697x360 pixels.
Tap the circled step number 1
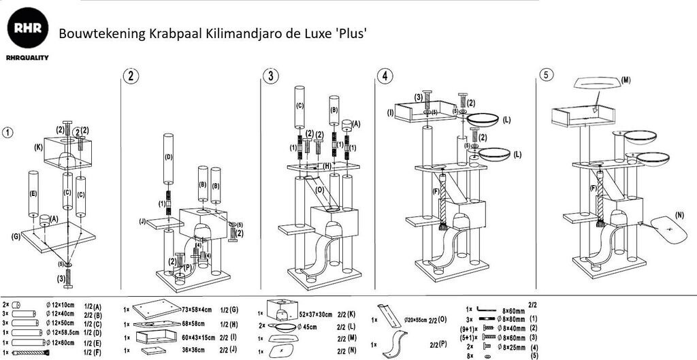point(7,132)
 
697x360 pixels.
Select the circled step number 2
point(130,76)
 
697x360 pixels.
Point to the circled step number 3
point(272,76)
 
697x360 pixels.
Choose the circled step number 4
point(385,76)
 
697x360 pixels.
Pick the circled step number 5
point(546,75)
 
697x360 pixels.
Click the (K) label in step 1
point(38,146)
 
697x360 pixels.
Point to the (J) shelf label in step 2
point(142,220)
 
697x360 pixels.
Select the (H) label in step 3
point(326,165)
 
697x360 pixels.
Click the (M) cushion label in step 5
point(626,80)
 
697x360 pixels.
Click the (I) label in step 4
point(391,112)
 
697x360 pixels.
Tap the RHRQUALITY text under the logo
point(27,59)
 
